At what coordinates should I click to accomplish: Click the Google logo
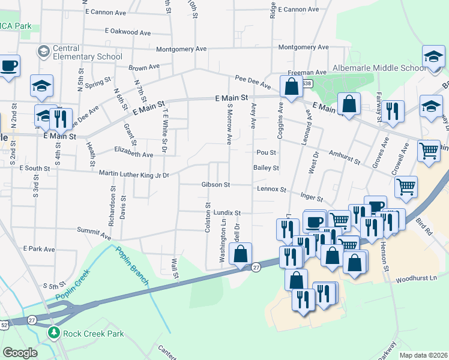[20, 353]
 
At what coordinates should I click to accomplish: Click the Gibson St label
[216, 185]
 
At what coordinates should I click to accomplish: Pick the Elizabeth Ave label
[133, 154]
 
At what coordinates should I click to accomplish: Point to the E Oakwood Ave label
[128, 32]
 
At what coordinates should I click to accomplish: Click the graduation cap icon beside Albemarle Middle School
[433, 58]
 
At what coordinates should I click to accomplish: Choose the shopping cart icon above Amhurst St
[429, 151]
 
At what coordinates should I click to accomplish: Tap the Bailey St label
[267, 169]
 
